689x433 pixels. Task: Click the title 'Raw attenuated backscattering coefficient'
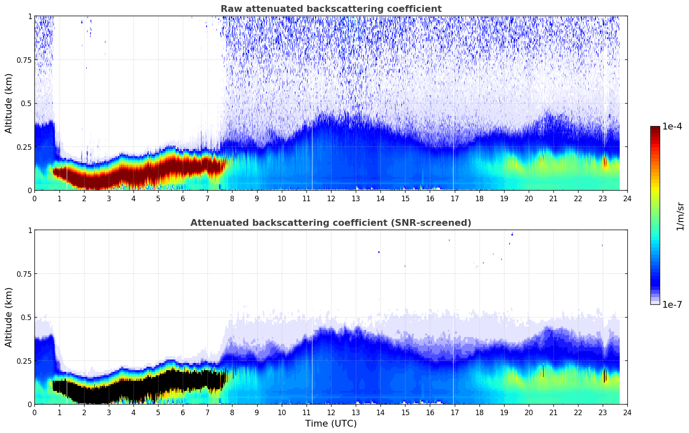click(x=331, y=9)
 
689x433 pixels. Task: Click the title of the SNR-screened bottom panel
click(x=331, y=223)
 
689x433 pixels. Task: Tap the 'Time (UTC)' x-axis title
click(x=331, y=424)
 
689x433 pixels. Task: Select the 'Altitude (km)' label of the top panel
click(x=9, y=103)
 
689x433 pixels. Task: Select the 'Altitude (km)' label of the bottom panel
click(x=9, y=317)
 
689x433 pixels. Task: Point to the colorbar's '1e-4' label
click(x=672, y=127)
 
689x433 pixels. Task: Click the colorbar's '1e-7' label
click(x=672, y=304)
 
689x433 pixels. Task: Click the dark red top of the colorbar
click(x=655, y=130)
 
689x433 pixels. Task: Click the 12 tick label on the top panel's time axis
click(x=331, y=198)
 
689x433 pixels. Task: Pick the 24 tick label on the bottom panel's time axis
click(x=627, y=412)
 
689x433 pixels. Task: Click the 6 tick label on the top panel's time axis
click(x=183, y=198)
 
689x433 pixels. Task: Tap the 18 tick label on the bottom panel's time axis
click(x=479, y=412)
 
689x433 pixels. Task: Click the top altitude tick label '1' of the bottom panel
click(x=30, y=230)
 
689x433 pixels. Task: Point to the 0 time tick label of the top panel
click(x=34, y=198)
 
